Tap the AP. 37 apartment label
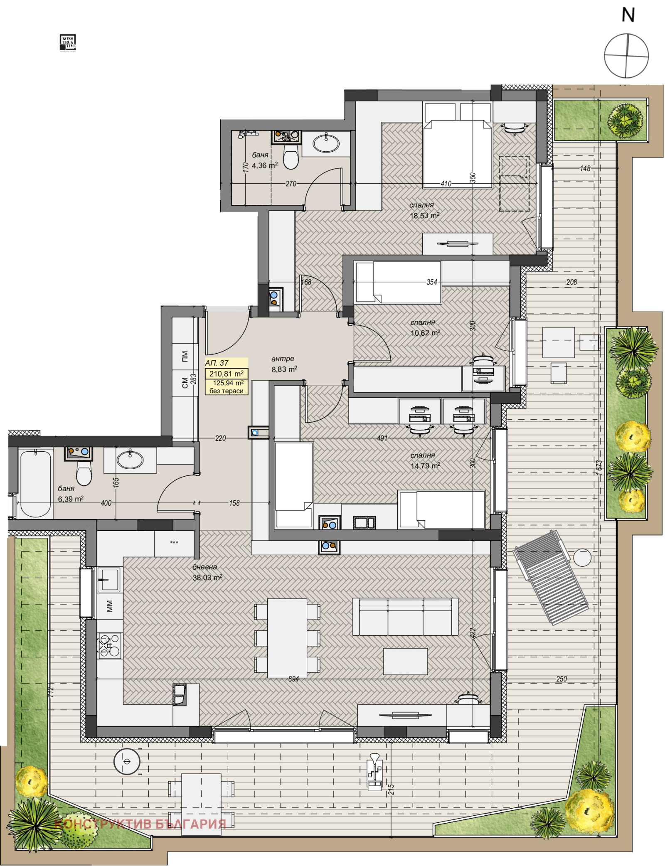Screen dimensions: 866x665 217,363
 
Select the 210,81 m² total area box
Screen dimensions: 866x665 226,374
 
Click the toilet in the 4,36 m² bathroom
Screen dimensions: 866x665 291,158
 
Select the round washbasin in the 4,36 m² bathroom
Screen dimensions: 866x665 326,143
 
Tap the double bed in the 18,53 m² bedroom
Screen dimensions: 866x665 457,152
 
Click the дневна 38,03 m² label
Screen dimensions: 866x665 207,572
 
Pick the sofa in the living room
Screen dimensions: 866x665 405,617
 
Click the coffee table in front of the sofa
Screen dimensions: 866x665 405,661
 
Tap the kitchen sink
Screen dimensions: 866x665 109,579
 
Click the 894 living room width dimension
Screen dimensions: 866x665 293,679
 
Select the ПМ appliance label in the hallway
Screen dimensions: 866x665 185,356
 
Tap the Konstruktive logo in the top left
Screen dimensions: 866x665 68,43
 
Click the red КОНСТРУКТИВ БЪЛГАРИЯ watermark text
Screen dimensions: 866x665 140,824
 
